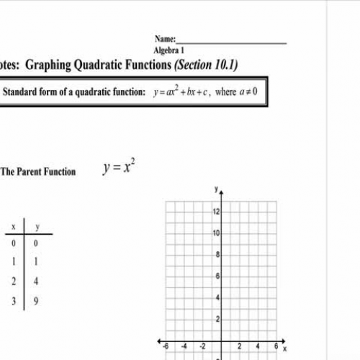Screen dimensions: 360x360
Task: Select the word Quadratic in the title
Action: point(120,65)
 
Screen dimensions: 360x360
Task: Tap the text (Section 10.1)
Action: point(202,65)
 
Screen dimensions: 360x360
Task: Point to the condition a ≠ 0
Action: point(246,93)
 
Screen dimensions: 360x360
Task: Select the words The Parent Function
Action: point(37,172)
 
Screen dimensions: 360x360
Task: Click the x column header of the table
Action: point(13,227)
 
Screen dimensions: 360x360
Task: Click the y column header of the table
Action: point(37,227)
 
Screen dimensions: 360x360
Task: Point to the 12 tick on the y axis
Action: point(215,211)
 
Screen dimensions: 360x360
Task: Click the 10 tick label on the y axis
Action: point(215,233)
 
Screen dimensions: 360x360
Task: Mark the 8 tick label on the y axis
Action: point(217,254)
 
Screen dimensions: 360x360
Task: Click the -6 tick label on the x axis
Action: point(166,346)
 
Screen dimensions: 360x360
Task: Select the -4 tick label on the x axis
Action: point(184,346)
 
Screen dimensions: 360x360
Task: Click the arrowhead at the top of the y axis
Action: point(221,192)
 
